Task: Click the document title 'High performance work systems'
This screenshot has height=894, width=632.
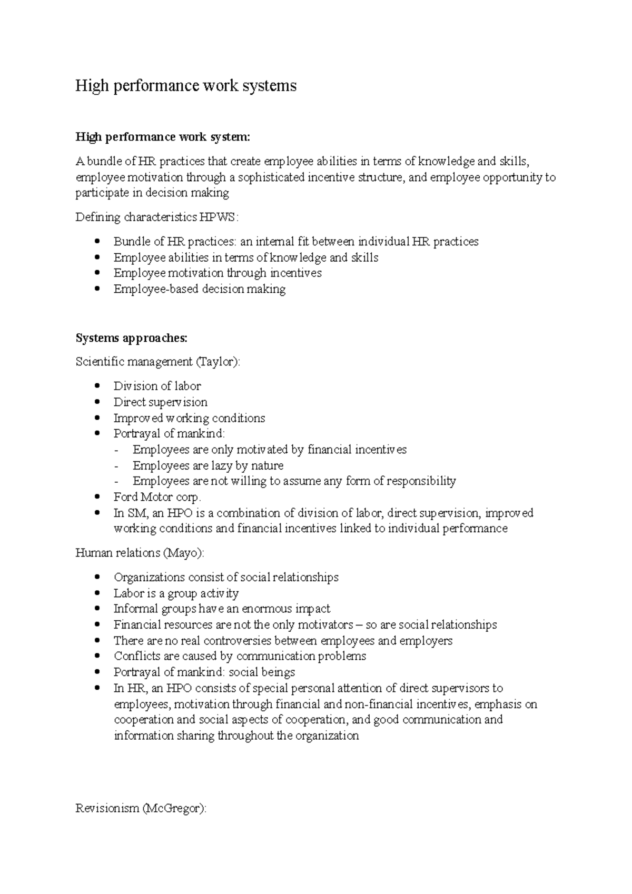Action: (x=186, y=85)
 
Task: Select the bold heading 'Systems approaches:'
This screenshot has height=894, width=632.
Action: (x=131, y=338)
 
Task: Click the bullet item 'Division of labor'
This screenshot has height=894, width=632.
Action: (x=157, y=386)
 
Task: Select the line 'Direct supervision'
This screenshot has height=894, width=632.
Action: (x=160, y=402)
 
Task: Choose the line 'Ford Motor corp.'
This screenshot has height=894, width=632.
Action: (x=157, y=497)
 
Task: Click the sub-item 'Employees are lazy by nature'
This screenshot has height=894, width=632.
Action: (x=208, y=465)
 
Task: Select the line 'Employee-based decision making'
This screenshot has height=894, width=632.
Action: (x=199, y=289)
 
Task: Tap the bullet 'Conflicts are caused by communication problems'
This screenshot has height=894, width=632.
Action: (x=240, y=657)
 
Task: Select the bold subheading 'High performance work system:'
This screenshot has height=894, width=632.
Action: (x=163, y=137)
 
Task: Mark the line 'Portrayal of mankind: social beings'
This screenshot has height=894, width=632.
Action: (x=204, y=672)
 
